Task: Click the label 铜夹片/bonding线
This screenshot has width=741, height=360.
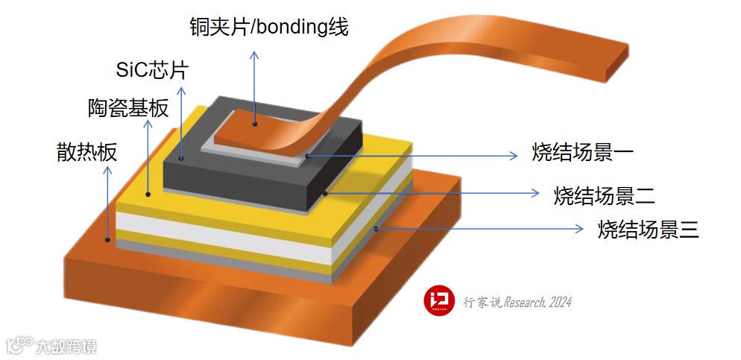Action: point(268,27)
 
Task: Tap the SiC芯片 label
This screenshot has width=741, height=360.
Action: point(152,71)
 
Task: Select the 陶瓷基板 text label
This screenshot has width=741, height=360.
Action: point(124,110)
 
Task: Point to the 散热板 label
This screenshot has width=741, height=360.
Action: point(86,152)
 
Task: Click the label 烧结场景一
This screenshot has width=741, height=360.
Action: point(583,154)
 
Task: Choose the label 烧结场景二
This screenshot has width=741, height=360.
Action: point(605,195)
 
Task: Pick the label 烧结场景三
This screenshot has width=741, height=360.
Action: point(648,229)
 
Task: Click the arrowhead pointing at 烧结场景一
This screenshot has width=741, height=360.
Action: point(513,155)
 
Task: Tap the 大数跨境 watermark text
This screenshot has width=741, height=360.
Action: point(66,346)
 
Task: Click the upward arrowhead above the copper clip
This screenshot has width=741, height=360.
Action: point(255,56)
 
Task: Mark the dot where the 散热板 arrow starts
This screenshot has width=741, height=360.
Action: point(109,240)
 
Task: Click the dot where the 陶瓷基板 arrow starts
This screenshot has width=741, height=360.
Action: point(148,194)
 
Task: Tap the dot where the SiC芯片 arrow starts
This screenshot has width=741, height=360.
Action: point(181,158)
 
